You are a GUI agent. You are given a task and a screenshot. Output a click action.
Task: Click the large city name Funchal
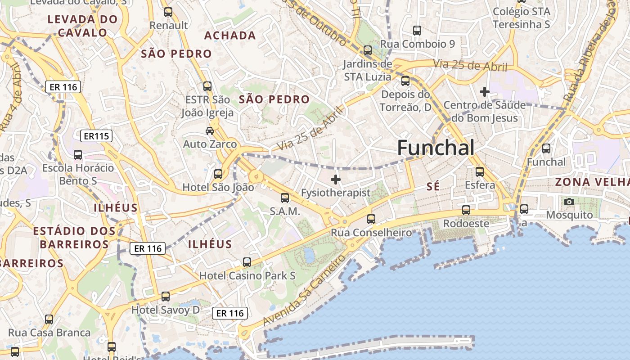436,148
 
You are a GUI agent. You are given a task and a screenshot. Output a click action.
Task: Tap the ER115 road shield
97,136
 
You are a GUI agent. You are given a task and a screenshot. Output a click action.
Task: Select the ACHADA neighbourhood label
230,36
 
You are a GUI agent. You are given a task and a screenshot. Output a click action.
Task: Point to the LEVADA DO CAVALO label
82,26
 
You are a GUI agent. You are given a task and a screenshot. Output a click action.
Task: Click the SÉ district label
433,186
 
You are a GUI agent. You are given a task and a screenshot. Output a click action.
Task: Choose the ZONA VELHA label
592,182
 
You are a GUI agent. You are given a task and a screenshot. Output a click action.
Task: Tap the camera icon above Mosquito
569,202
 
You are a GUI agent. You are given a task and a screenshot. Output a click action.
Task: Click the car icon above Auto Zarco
210,131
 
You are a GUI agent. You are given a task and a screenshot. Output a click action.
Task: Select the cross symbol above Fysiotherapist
335,180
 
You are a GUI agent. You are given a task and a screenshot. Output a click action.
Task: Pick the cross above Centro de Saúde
484,92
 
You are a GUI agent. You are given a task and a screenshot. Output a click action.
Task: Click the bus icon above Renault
168,12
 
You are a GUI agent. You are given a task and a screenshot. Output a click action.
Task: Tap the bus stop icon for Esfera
480,171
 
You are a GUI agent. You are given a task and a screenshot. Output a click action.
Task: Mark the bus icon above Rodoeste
466,210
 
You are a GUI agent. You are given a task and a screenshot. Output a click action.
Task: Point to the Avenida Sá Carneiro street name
304,290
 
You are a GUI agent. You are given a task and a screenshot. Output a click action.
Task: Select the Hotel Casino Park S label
247,275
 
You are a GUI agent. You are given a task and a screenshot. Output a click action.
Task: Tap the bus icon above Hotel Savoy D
166,296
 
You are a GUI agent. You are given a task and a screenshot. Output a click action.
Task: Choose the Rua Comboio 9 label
418,44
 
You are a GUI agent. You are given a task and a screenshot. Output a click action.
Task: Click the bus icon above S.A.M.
285,198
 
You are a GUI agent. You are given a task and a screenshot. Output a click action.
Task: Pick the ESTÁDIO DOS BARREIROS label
74,238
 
